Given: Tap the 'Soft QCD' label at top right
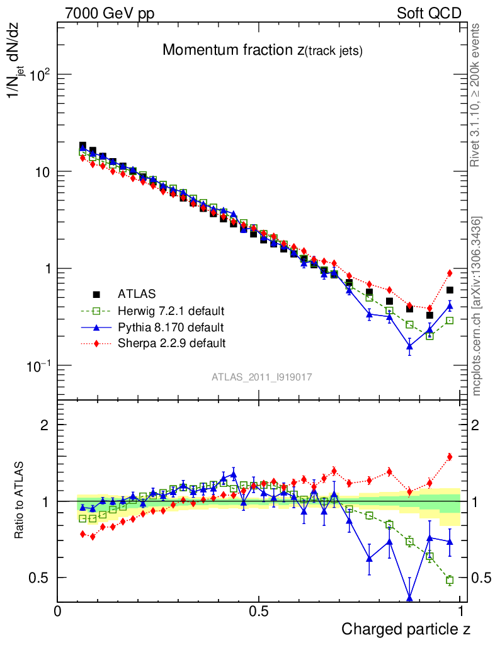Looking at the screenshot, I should [429, 13].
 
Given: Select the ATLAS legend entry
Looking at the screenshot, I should [135, 294].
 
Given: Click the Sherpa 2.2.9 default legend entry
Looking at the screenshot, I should [171, 343].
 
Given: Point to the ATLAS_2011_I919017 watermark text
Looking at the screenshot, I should [262, 377].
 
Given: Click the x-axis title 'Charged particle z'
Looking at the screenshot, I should [406, 629].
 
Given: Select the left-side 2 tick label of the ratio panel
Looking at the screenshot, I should [45, 425].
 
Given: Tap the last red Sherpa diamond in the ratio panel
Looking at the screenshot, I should [450, 457].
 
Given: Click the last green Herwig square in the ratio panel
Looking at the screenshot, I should [450, 580].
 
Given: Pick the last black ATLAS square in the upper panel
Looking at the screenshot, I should [450, 290].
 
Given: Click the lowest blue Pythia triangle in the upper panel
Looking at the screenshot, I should [409, 345].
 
